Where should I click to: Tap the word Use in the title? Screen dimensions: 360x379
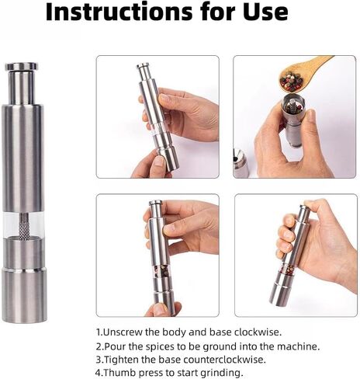pyautogui.click(x=265, y=12)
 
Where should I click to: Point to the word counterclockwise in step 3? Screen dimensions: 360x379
pyautogui.click(x=224, y=360)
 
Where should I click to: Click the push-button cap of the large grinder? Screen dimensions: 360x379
pyautogui.click(x=22, y=67)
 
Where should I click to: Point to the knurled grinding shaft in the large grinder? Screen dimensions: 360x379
pyautogui.click(x=24, y=227)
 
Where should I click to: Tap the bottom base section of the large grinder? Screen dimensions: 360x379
pyautogui.click(x=24, y=296)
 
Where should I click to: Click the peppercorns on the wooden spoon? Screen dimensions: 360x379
pyautogui.click(x=292, y=82)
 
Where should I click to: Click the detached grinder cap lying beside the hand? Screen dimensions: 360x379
pyautogui.click(x=241, y=163)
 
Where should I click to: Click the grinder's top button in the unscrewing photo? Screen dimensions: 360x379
pyautogui.click(x=144, y=66)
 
